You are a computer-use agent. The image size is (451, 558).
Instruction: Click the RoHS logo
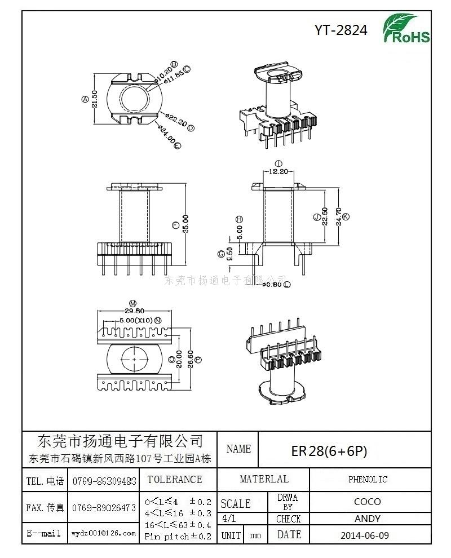point(406,29)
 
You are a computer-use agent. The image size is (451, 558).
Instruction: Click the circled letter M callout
point(133,303)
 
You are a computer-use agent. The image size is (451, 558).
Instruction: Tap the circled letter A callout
point(85,99)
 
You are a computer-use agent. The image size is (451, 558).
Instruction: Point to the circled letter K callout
point(346,217)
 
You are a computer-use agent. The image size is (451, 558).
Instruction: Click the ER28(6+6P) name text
point(329,451)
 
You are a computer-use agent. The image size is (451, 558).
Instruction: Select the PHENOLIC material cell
point(368,480)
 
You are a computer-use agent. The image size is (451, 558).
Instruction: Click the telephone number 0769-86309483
point(104,481)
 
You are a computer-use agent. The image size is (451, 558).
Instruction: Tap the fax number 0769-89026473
point(104,508)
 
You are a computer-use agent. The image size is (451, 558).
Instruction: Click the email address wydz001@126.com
point(104,533)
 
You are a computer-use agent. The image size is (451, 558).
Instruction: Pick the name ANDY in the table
point(367,519)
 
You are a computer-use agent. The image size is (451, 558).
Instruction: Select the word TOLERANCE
point(174,480)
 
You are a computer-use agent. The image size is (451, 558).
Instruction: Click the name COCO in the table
point(367,502)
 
